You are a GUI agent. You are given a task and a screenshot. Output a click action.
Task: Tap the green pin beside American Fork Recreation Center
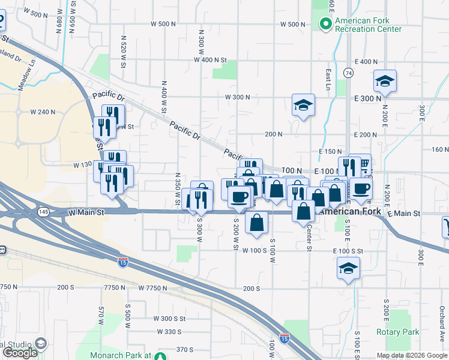pyautogui.click(x=325, y=24)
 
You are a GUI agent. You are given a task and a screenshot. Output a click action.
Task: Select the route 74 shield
pyautogui.click(x=348, y=72)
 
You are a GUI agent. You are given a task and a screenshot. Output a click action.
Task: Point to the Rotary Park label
pyautogui.click(x=397, y=332)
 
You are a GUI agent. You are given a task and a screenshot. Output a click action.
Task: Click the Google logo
pyautogui.click(x=20, y=353)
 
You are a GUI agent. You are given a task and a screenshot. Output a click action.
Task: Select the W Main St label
pyautogui.click(x=86, y=212)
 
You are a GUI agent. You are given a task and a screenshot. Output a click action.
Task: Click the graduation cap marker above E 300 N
pyautogui.click(x=384, y=82)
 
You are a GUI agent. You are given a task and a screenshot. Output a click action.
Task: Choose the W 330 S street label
pyautogui.click(x=169, y=331)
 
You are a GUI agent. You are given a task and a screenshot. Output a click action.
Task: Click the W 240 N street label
pyautogui.click(x=43, y=112)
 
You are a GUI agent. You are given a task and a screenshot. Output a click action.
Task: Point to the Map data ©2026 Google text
pyautogui.click(x=411, y=355)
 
